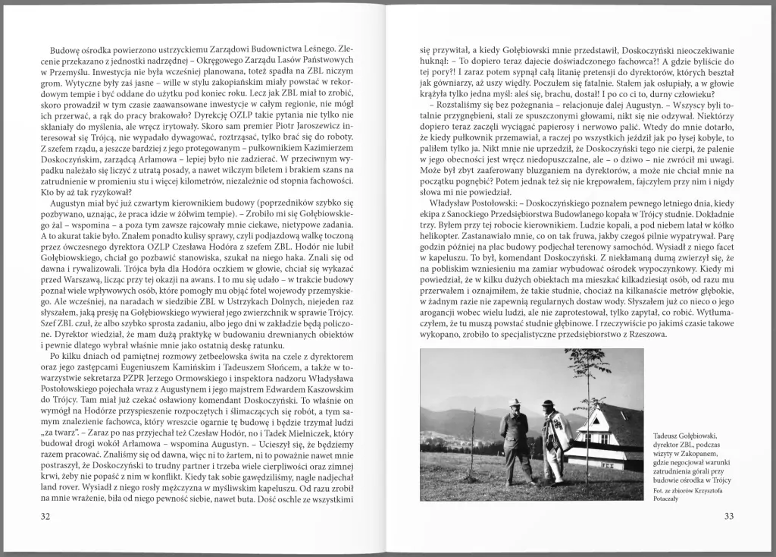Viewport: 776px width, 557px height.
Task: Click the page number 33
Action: coord(729,517)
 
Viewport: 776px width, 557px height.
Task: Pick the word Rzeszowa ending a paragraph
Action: coord(645,333)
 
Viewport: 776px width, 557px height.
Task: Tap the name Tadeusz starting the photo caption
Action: coord(668,435)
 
